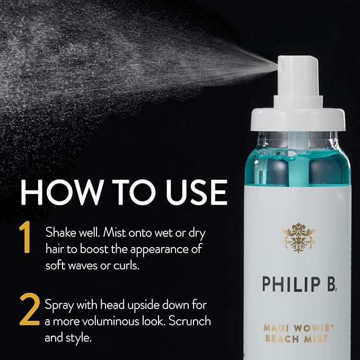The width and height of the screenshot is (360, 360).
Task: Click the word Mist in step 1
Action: (113, 232)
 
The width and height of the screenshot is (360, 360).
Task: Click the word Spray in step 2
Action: (59, 306)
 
